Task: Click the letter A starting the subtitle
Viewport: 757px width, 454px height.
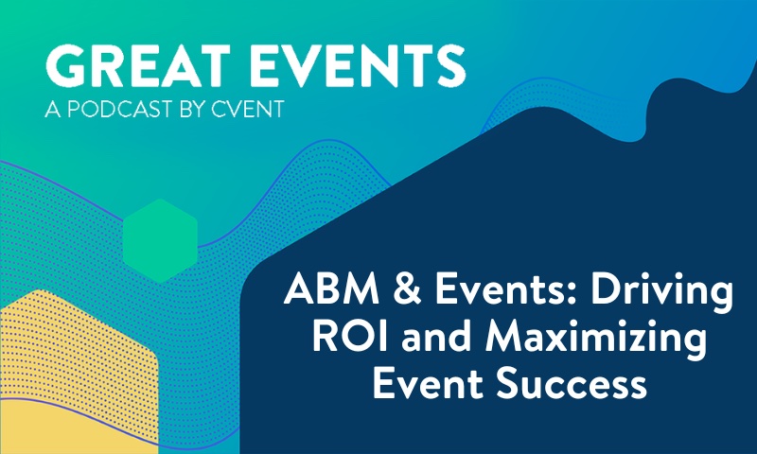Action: pos(51,112)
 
